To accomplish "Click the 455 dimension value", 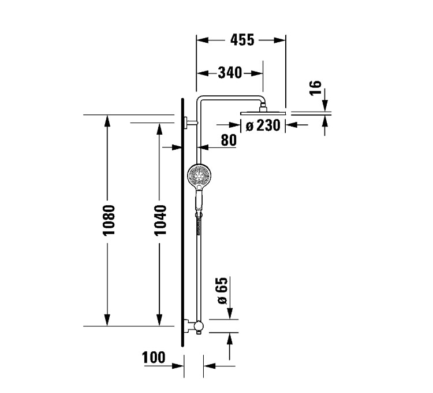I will tap(242, 40).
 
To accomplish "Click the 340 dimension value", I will tap(230, 73).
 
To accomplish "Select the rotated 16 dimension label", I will tap(315, 88).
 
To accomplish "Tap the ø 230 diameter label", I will tap(263, 125).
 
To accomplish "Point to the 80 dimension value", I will tap(229, 140).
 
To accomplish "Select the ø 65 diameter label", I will tap(223, 291).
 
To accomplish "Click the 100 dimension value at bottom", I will tap(154, 358).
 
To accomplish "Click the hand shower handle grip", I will tap(198, 200).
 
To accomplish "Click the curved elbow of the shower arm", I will tap(201, 98).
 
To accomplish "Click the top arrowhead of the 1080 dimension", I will tap(107, 120).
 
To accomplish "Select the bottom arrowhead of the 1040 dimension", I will tap(158, 320).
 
